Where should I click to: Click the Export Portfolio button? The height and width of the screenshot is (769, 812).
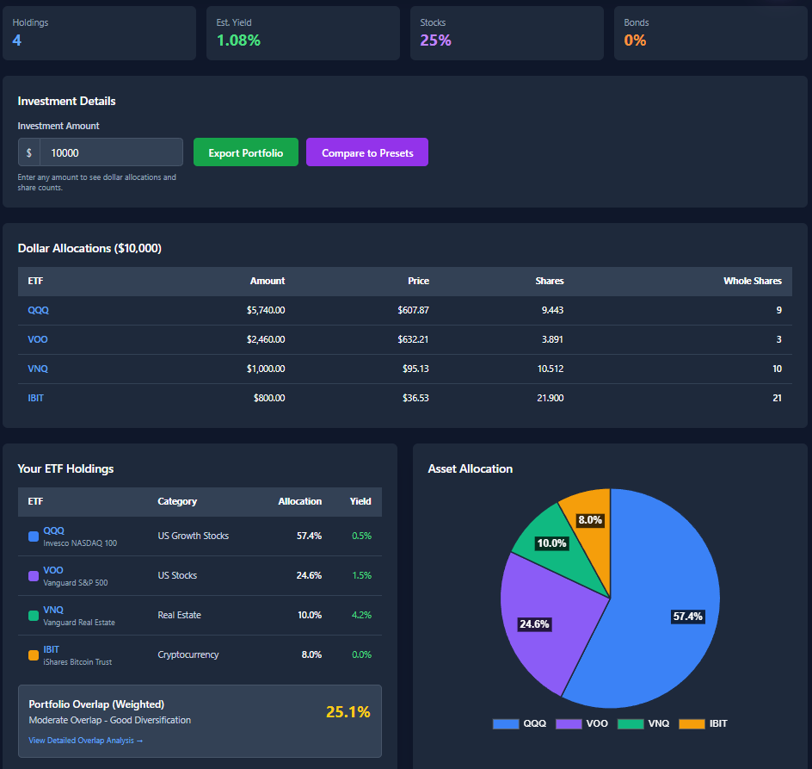245,152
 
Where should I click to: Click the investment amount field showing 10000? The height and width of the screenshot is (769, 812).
110,152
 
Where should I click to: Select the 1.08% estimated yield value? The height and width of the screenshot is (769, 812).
238,40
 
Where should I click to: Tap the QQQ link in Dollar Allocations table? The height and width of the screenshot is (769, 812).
38,310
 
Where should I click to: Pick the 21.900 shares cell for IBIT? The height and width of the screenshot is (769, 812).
548,398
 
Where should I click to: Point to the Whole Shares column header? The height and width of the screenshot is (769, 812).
752,281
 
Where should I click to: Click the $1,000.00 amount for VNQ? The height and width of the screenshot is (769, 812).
265,369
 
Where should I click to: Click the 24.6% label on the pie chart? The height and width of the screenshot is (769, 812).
534,624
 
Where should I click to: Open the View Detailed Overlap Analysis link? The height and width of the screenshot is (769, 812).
85,741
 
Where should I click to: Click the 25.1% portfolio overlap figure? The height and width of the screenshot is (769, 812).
348,711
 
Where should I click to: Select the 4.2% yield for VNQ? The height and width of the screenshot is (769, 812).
361,615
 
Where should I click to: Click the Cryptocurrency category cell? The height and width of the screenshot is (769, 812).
188,654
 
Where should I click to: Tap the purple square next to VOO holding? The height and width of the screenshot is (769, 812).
34,576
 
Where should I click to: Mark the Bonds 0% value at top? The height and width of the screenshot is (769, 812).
635,40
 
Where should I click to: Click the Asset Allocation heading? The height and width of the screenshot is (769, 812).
470,468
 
